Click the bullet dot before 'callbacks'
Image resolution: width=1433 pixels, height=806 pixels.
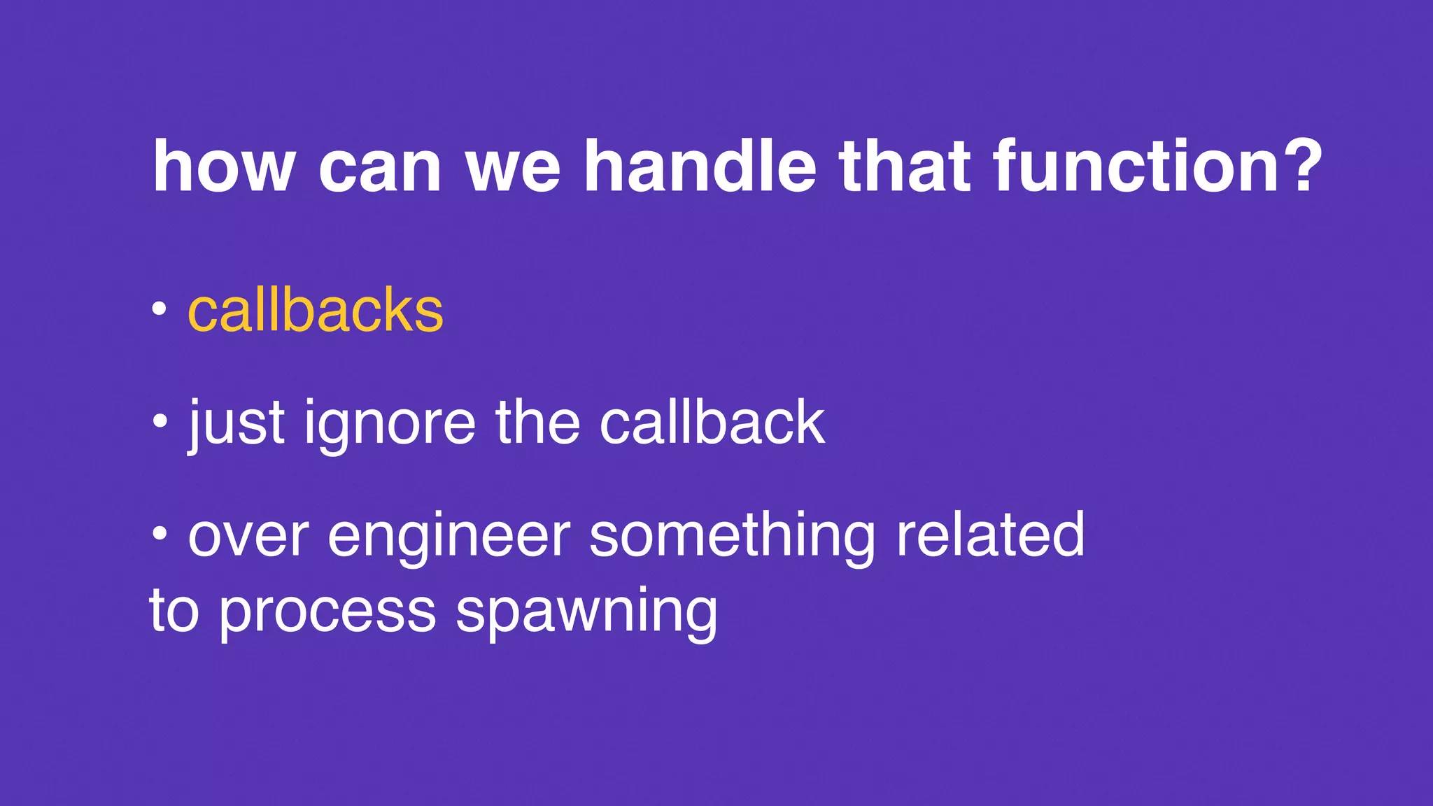click(160, 309)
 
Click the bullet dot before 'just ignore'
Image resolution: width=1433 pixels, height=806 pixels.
click(160, 421)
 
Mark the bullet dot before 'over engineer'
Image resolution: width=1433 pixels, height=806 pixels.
click(160, 534)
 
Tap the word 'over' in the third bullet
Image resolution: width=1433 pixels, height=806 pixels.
click(248, 537)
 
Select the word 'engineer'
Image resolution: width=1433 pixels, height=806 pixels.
click(449, 537)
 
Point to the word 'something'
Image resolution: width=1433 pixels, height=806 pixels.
click(732, 537)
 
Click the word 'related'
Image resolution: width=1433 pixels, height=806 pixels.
click(990, 535)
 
